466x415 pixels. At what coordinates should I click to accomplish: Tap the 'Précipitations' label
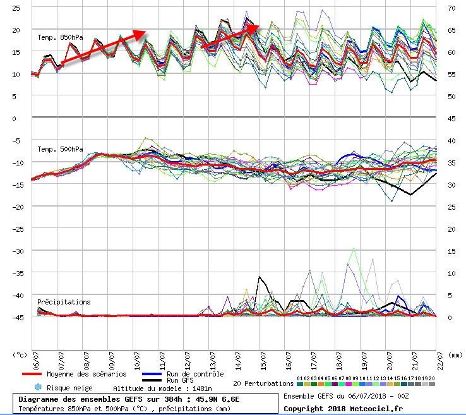click(64, 303)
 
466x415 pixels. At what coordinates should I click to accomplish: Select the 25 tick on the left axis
click(16, 8)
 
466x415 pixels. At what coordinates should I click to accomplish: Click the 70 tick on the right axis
click(451, 8)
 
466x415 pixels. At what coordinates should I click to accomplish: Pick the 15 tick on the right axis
click(451, 251)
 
